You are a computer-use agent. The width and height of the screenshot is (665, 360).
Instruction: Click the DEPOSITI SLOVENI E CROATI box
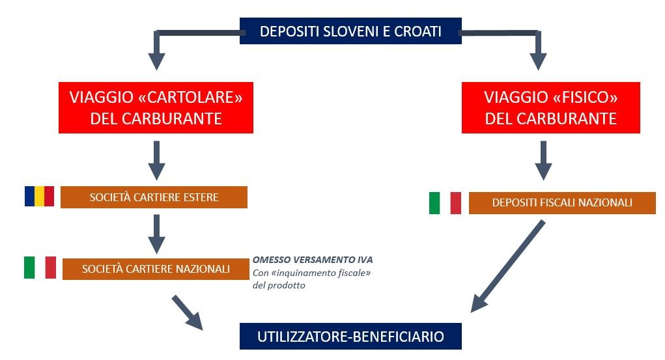point(350,31)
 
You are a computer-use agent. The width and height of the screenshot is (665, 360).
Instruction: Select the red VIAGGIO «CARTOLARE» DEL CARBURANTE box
point(156,107)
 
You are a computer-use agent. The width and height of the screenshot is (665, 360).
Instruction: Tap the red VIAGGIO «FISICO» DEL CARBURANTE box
point(550,107)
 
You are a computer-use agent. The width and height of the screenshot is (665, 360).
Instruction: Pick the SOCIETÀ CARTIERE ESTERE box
point(154,197)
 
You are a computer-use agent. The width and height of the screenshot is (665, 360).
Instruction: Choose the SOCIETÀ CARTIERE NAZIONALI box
point(156,268)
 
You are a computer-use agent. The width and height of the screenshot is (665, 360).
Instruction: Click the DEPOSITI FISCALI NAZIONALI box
point(562,202)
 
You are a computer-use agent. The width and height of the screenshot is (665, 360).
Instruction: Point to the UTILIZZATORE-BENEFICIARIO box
point(350,337)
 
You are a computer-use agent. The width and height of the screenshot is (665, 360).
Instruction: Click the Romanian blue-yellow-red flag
point(39,196)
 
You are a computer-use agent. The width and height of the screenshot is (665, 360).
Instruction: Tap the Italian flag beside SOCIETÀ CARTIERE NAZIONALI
point(40,267)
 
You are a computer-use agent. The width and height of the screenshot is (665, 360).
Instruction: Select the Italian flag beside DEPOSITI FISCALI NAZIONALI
point(445,202)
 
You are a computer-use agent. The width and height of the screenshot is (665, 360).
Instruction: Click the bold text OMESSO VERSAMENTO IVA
point(313,260)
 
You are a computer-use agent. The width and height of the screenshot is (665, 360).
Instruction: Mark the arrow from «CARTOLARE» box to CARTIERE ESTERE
point(156,160)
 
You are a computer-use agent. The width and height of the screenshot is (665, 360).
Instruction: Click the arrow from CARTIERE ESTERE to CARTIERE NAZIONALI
point(156,233)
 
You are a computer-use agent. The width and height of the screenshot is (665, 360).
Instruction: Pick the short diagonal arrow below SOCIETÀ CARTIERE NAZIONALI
point(188,311)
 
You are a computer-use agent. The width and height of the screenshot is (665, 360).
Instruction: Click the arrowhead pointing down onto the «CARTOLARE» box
point(156,60)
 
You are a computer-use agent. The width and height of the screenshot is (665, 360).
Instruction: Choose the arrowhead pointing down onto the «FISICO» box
point(538,60)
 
